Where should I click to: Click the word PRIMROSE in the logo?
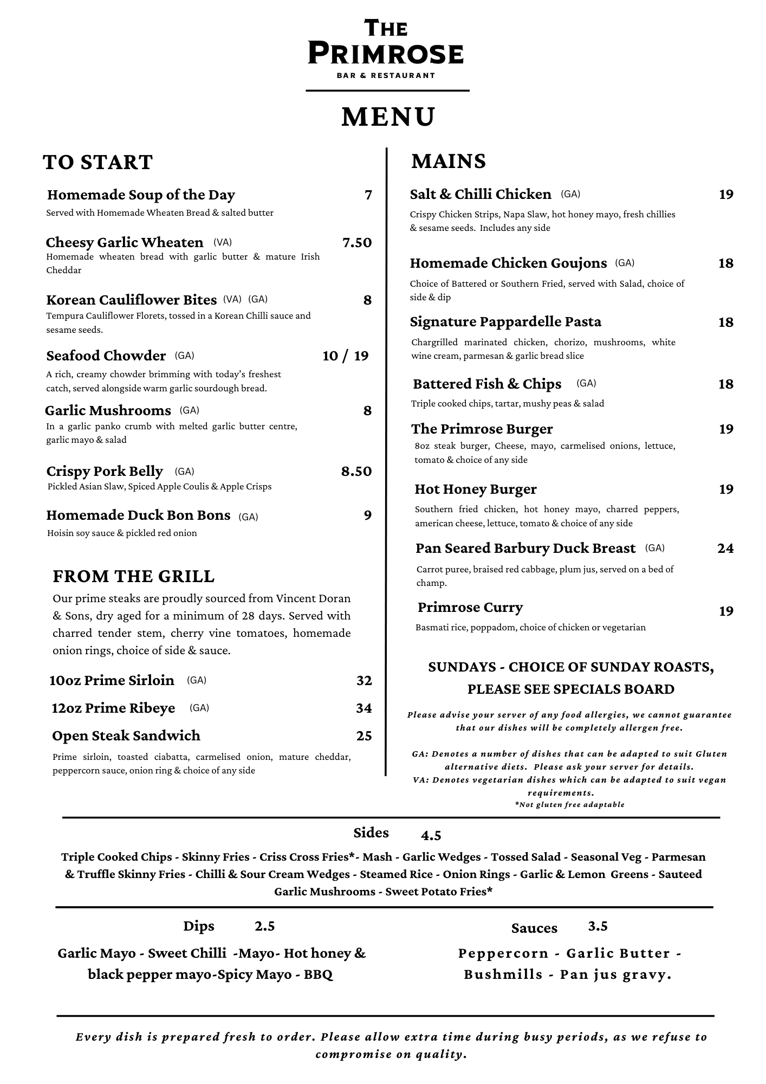point(386,54)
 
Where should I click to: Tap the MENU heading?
point(388,117)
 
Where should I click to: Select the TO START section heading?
point(98,163)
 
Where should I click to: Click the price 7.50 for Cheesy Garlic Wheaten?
point(357,243)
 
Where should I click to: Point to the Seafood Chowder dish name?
point(106,356)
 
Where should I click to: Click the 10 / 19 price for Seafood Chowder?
point(346,356)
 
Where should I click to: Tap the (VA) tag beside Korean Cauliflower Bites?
point(232,299)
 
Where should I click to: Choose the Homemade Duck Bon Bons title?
point(138,515)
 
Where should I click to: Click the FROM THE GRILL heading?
point(134,577)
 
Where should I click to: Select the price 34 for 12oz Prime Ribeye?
point(364,708)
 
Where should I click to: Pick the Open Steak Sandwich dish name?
point(126,736)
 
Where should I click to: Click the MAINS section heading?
point(449,162)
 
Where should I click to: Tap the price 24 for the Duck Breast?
point(725,549)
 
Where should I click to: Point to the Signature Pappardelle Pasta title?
point(505,322)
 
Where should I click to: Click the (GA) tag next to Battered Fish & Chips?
point(586,384)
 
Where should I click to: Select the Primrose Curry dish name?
point(470,608)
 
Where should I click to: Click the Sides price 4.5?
point(431,836)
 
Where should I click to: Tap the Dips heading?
point(199,926)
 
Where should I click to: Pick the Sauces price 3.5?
point(598,926)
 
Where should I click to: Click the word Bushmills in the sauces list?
point(503,975)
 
